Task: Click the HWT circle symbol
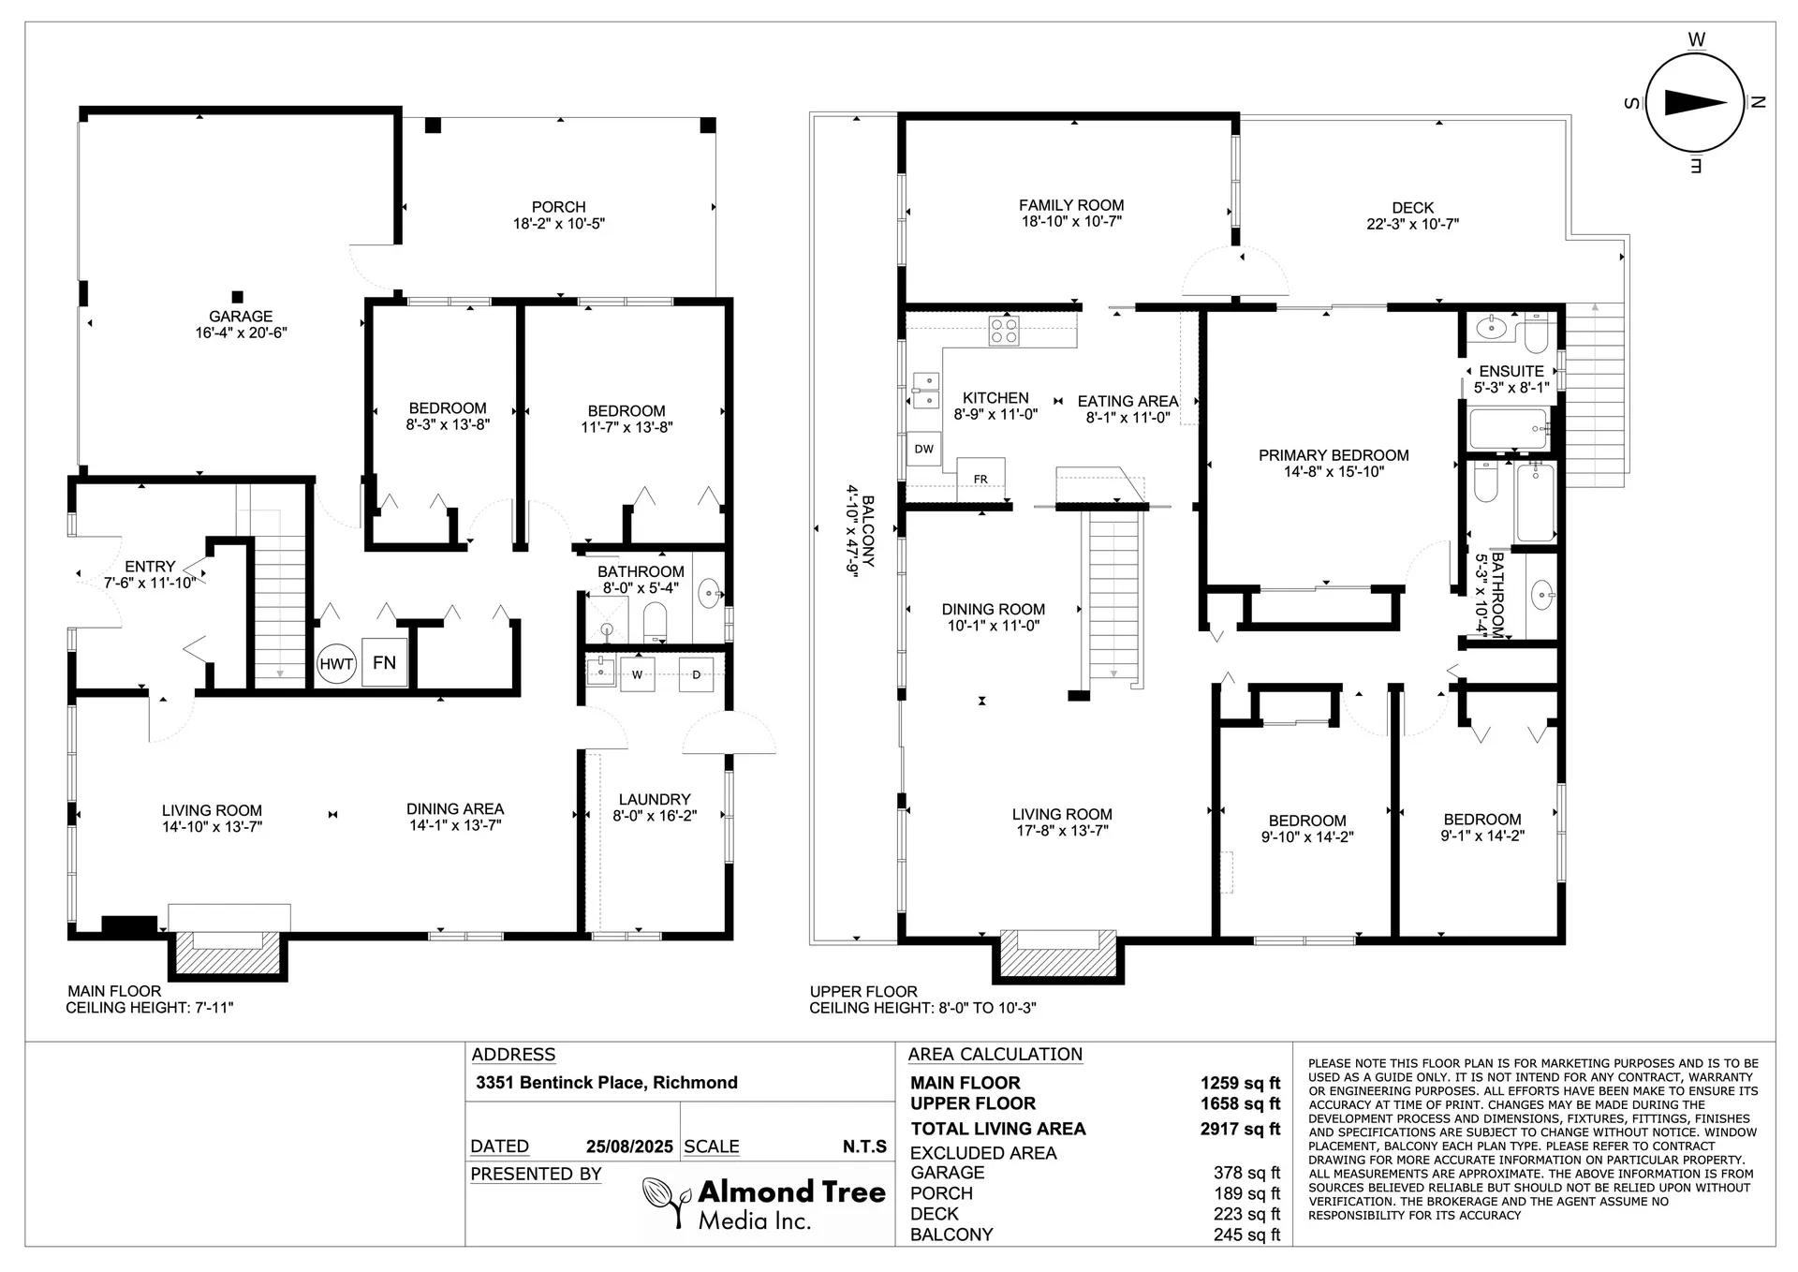coord(336,664)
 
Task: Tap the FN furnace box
coord(384,662)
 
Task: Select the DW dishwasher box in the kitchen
coord(924,449)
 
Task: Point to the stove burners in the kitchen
coord(1005,332)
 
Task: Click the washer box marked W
coord(638,674)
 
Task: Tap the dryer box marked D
coord(696,674)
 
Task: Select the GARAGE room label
coord(241,317)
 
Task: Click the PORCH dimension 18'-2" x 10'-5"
coord(559,224)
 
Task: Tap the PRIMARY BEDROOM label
coord(1334,455)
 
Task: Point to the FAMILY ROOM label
coord(1071,205)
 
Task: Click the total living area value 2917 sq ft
coord(1240,1129)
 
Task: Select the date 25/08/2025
coord(629,1146)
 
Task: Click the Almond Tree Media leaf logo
coord(666,1201)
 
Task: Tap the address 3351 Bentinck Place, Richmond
coord(607,1083)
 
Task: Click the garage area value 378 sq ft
coord(1246,1173)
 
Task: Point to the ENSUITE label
coord(1511,371)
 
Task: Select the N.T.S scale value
coord(863,1146)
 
